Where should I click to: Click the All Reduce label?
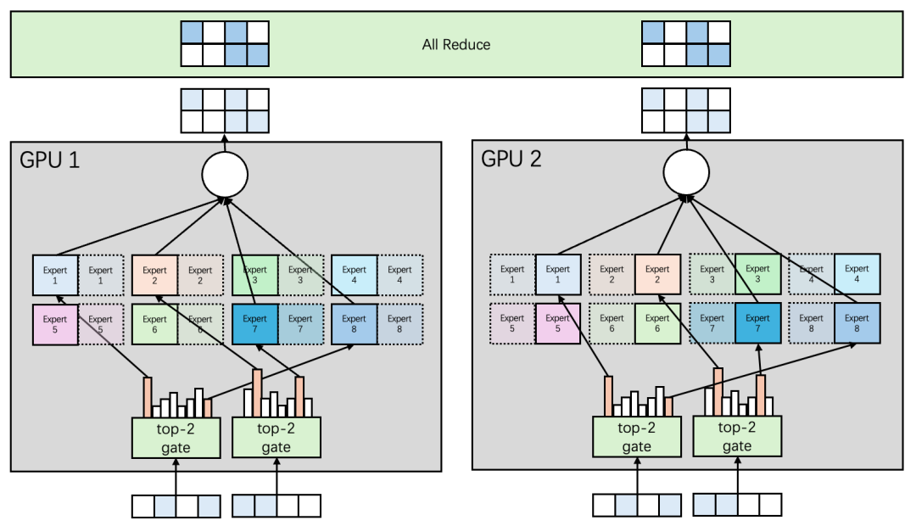(x=456, y=44)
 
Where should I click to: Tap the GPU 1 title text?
(x=50, y=160)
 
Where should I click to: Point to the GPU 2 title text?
(x=511, y=160)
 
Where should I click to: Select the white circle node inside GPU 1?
(x=225, y=175)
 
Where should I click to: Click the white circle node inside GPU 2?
(x=685, y=175)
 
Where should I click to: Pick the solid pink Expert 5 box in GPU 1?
(x=55, y=324)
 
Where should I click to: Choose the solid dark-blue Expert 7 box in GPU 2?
(x=758, y=324)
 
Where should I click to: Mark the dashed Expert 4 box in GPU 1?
(x=400, y=275)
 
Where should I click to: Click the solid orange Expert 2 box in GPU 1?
(x=155, y=275)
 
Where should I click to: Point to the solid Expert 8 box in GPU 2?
(x=857, y=324)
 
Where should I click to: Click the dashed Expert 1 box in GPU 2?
(x=512, y=275)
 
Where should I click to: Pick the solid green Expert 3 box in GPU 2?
(x=758, y=275)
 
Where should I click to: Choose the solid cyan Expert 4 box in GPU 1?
(x=355, y=275)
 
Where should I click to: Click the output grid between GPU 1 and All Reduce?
(x=225, y=110)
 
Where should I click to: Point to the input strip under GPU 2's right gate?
(x=737, y=506)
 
